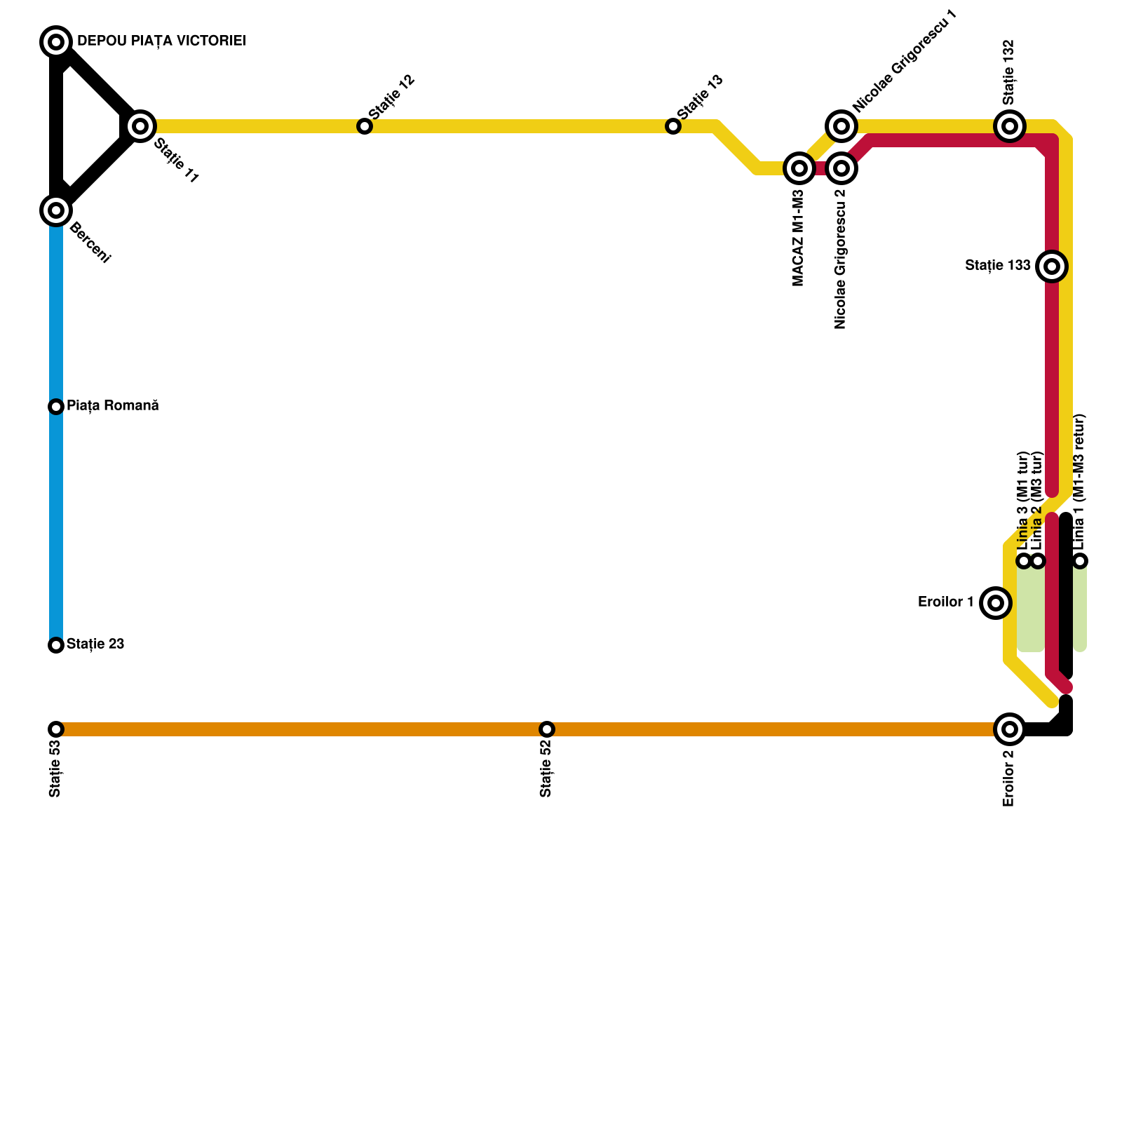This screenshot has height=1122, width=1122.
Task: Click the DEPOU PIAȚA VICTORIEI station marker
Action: point(56,42)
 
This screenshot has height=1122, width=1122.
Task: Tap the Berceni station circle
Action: point(56,210)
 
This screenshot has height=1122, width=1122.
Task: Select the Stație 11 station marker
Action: point(140,126)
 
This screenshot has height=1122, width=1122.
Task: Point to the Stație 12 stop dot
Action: point(365,126)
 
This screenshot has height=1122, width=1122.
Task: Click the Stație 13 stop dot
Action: point(673,126)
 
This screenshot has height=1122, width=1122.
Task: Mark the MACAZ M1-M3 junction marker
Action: point(799,168)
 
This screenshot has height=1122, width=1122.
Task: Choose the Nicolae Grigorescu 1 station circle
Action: point(841,126)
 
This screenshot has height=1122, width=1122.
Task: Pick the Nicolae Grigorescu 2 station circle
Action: point(841,168)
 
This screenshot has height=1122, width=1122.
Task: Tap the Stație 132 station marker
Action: point(1010,126)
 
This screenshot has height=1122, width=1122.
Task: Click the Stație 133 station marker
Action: point(1052,266)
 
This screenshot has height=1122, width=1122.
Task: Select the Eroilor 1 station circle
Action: point(995,603)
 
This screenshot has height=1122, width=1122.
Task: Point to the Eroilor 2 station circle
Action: point(1009,729)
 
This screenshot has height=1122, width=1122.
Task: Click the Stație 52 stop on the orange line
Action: point(547,729)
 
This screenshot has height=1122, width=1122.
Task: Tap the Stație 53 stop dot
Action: point(56,729)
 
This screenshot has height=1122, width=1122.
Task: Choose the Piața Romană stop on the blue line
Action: point(56,407)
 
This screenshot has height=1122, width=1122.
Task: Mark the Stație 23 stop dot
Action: point(56,645)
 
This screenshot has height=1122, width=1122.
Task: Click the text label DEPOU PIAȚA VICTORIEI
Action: point(161,41)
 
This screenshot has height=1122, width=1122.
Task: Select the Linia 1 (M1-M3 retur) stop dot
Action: point(1081,561)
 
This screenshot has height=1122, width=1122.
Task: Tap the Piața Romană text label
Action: point(113,406)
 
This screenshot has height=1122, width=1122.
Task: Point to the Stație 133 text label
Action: point(998,266)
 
